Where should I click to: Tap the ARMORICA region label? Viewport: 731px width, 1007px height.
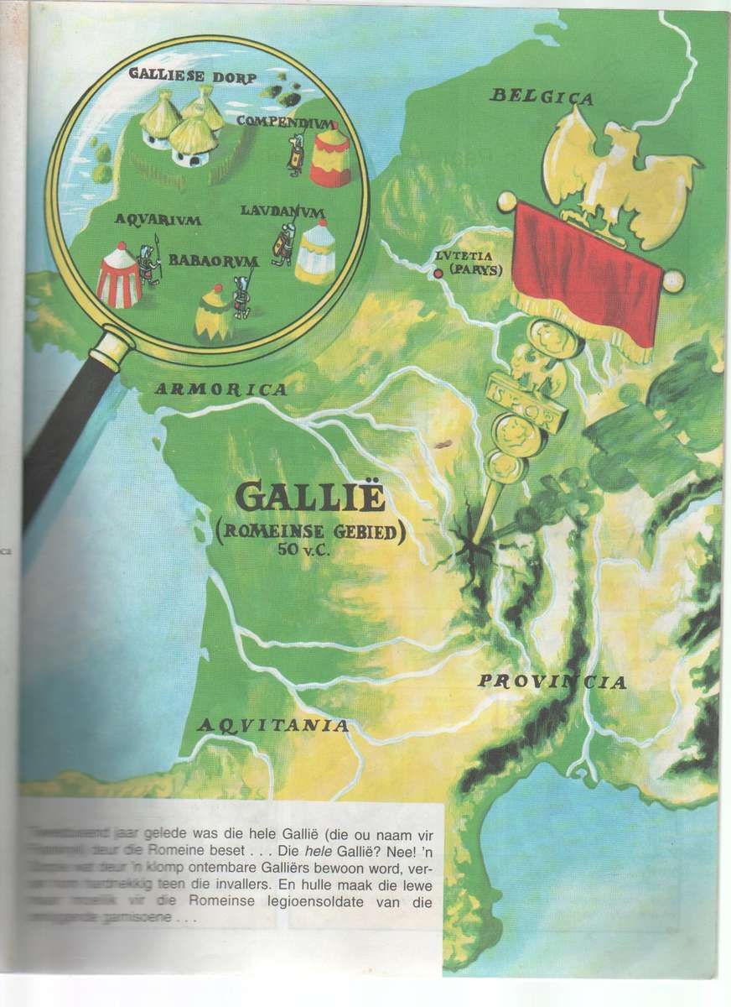tap(221, 389)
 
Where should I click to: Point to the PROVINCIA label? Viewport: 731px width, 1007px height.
tap(552, 681)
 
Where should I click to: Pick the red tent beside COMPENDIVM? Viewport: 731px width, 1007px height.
tap(330, 156)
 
